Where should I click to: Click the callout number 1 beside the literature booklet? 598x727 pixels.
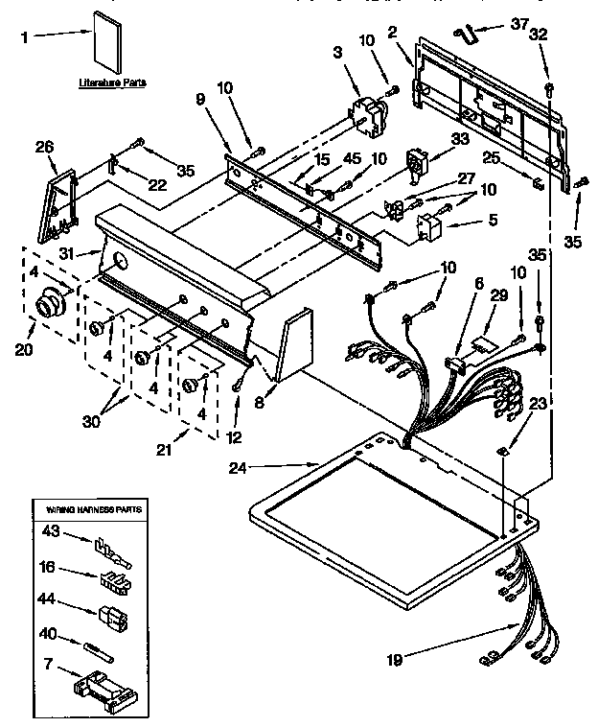click(26, 39)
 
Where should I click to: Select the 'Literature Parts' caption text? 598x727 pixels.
click(111, 83)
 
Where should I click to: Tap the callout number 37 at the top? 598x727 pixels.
click(518, 25)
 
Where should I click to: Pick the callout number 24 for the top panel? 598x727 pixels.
click(240, 468)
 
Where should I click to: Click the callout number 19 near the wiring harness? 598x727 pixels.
click(395, 660)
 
